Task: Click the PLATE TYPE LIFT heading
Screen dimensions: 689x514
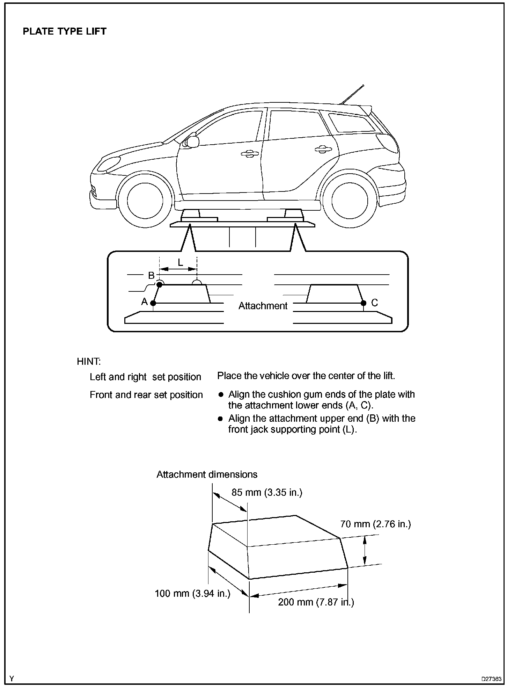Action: (65, 31)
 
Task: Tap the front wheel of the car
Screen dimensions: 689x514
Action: (145, 200)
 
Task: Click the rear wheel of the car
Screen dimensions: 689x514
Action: (350, 200)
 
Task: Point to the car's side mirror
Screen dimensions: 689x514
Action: (192, 142)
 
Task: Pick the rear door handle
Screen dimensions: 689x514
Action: (323, 150)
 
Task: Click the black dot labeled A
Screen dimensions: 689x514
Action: (153, 303)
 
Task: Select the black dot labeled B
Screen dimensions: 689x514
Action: (159, 285)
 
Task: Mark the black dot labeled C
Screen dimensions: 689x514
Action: (364, 303)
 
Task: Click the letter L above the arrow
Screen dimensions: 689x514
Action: (180, 262)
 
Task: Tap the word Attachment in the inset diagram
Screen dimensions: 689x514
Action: (263, 306)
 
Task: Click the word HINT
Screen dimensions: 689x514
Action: (89, 361)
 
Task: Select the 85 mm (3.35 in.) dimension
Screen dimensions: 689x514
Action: (267, 492)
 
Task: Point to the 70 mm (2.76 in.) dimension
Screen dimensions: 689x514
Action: (375, 524)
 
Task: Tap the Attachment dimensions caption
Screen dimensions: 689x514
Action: (207, 474)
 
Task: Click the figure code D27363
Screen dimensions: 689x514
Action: (491, 679)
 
